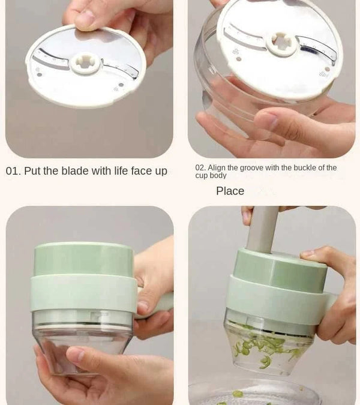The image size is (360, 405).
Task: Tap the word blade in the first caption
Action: [x=75, y=171]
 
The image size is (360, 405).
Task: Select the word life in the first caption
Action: [x=119, y=171]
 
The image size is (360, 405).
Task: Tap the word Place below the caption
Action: [x=230, y=191]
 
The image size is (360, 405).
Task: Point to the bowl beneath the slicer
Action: [x=252, y=393]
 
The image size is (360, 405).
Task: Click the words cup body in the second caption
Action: [x=211, y=176]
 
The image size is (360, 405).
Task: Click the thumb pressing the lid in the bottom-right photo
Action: [x=312, y=254]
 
